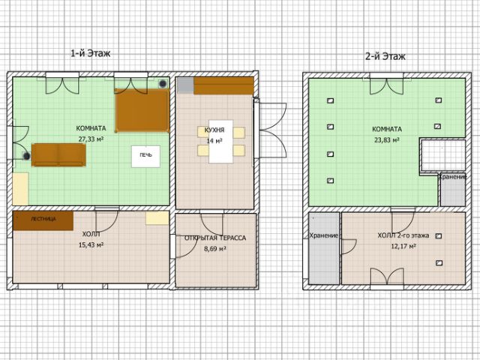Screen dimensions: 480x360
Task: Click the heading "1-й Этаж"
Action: pos(90,53)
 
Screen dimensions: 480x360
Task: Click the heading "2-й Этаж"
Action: pos(385,56)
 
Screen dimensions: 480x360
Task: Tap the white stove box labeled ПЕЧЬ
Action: pos(145,156)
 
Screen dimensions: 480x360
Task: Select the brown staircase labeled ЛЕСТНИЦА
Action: pos(43,220)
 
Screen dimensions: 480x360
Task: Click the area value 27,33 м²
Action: pos(91,139)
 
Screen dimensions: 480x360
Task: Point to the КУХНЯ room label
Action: pos(214,130)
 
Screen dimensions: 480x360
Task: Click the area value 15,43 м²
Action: pos(91,245)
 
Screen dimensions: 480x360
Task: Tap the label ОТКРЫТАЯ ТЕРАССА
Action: pos(215,238)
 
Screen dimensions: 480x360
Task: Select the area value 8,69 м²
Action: pos(215,248)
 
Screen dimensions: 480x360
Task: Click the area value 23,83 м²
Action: pos(387,140)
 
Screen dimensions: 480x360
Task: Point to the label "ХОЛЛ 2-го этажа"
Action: pos(403,235)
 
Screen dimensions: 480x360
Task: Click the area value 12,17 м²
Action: pos(403,246)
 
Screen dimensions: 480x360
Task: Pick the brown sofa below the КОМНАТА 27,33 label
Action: pos(58,154)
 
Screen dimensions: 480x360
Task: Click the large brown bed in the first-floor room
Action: pos(142,110)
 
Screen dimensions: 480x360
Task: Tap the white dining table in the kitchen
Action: pos(220,142)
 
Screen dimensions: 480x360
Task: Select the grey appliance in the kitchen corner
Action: pos(185,85)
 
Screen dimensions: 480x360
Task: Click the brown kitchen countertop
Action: pos(223,85)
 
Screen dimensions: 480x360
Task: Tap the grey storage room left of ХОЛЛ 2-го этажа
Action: pos(324,248)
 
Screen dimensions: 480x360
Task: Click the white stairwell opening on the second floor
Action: pos(443,155)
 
